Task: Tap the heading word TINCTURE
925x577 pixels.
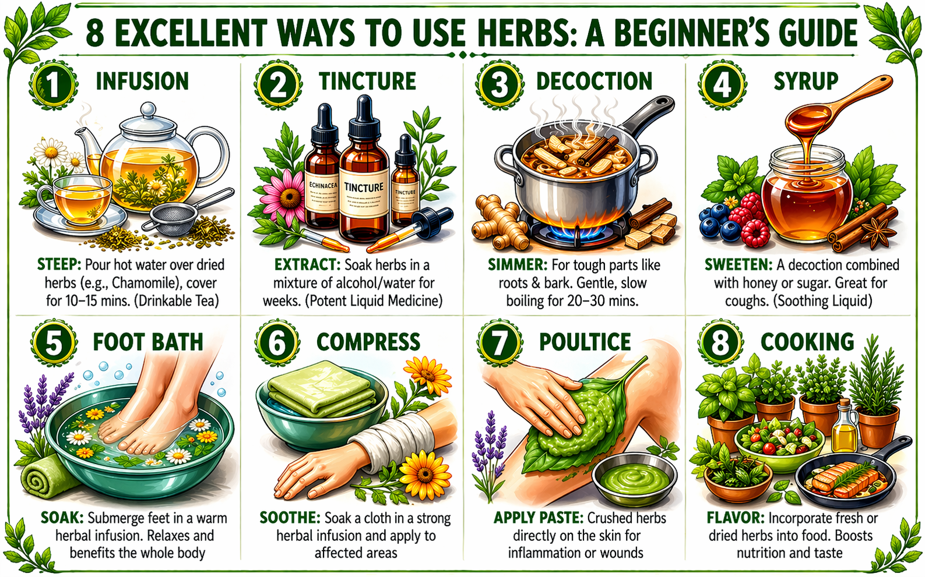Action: click(x=367, y=82)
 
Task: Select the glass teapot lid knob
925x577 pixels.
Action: click(x=149, y=109)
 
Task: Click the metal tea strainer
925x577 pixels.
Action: click(x=169, y=220)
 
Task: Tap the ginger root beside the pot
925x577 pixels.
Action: click(x=498, y=223)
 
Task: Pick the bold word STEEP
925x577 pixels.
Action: click(x=59, y=265)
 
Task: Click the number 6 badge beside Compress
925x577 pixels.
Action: click(x=277, y=343)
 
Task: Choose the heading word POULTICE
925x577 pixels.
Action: click(x=585, y=342)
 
